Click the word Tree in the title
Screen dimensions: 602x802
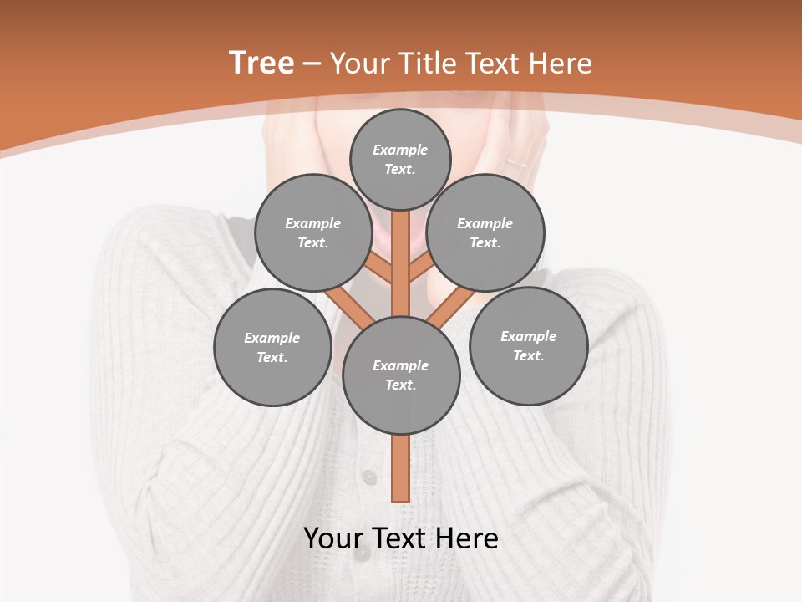[261, 63]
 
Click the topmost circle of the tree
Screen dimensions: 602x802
[400, 159]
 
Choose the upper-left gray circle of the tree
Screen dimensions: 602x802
[313, 232]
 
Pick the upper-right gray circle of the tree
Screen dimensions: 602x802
[485, 232]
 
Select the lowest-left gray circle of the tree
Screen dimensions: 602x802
[272, 347]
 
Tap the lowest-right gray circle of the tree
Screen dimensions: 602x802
[528, 345]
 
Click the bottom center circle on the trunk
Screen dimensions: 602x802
[401, 375]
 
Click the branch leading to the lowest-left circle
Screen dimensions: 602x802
[349, 308]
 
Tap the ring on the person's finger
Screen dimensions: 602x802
[517, 161]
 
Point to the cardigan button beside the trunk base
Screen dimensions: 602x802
[368, 477]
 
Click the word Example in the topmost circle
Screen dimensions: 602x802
[400, 150]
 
